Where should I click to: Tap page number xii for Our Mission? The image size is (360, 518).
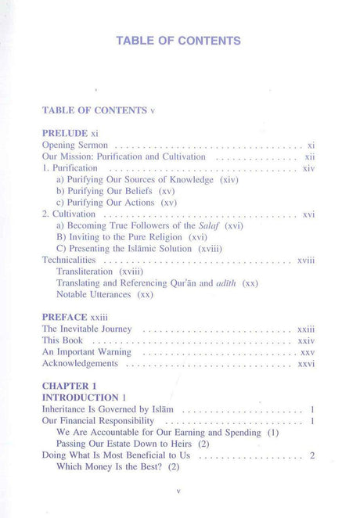point(309,156)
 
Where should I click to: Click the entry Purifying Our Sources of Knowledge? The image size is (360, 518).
point(147,179)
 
